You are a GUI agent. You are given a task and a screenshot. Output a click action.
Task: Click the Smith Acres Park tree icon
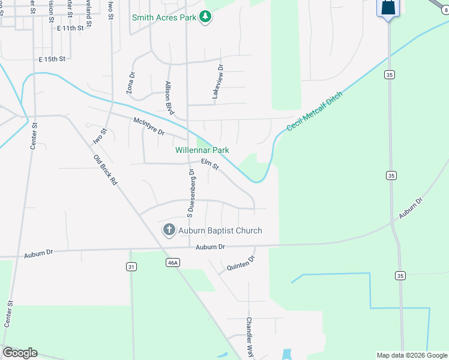pyautogui.click(x=205, y=17)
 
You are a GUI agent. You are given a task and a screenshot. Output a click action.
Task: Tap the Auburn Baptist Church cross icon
pyautogui.click(x=169, y=230)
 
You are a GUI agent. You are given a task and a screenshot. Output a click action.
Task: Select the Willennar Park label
pyautogui.click(x=202, y=150)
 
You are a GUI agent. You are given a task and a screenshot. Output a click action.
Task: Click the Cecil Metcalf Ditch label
pyautogui.click(x=314, y=112)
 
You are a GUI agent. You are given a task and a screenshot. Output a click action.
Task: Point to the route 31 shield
pyautogui.click(x=131, y=266)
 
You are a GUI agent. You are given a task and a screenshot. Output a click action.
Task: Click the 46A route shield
pyautogui.click(x=172, y=262)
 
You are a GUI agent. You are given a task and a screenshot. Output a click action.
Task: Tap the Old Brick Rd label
pyautogui.click(x=104, y=170)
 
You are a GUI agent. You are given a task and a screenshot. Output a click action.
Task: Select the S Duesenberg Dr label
pyautogui.click(x=190, y=192)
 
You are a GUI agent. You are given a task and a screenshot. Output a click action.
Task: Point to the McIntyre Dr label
pyautogui.click(x=148, y=126)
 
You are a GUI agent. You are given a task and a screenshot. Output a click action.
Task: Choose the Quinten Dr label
pyautogui.click(x=241, y=264)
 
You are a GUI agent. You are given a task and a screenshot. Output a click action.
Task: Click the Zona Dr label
pyautogui.click(x=130, y=83)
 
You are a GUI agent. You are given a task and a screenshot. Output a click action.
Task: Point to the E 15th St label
pyautogui.click(x=51, y=59)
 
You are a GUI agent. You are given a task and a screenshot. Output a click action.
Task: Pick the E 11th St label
pyautogui.click(x=71, y=28)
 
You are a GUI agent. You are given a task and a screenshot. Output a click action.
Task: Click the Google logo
pyautogui.click(x=20, y=353)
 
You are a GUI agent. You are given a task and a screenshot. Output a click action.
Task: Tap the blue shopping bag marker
pyautogui.click(x=388, y=8)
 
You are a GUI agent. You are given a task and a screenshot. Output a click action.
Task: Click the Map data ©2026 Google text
pyautogui.click(x=412, y=355)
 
